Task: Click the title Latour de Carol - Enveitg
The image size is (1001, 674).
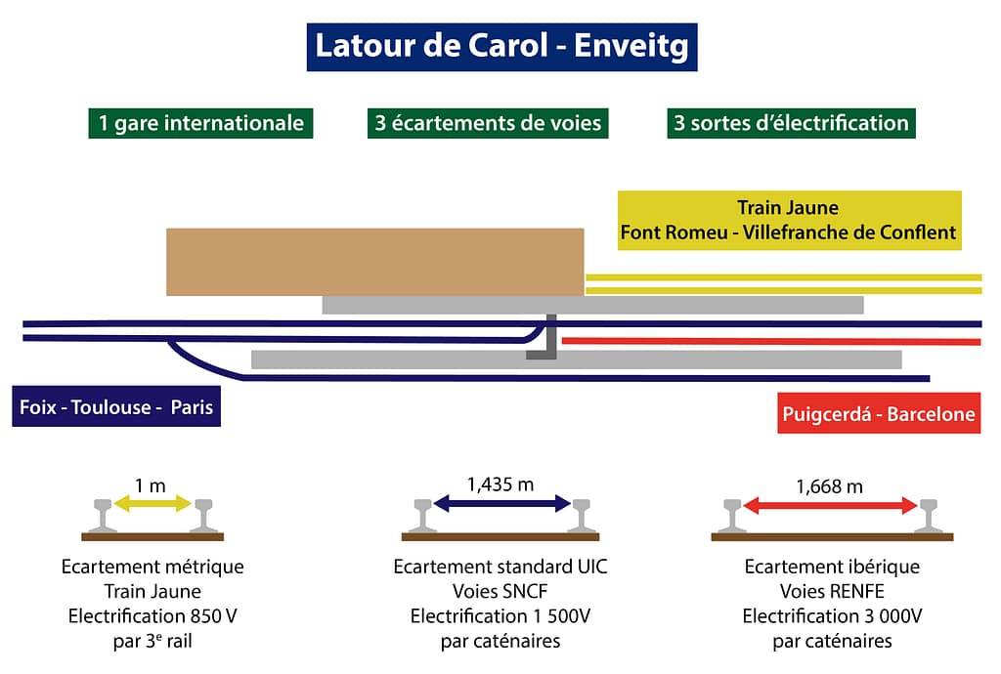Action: click(500, 46)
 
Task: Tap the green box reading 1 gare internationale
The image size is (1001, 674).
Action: click(200, 123)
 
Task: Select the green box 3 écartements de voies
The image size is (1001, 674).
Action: click(488, 123)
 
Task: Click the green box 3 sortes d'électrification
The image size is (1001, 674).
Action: click(791, 123)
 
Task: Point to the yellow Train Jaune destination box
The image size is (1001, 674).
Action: click(789, 221)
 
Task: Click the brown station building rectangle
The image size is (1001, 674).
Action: click(374, 261)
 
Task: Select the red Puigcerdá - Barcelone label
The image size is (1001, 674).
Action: click(879, 413)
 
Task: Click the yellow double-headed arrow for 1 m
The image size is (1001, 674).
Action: click(153, 504)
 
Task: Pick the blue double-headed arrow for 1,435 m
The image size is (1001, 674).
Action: click(501, 504)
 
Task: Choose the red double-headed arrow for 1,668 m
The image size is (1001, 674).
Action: click(830, 505)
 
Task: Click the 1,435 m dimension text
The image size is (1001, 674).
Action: click(500, 483)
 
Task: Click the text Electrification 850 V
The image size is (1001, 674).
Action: click(152, 616)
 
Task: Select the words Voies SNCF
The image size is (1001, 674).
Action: click(500, 591)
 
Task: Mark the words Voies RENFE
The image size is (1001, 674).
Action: click(832, 591)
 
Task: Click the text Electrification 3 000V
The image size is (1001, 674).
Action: click(832, 616)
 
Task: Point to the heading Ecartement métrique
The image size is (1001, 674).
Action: click(152, 567)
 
